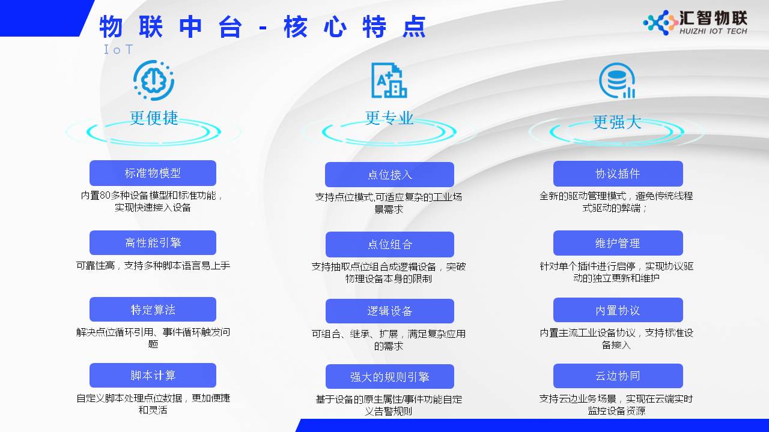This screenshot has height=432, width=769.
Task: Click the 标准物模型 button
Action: click(153, 173)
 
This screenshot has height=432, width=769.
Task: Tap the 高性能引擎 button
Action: click(153, 243)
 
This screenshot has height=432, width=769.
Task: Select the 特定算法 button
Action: click(153, 310)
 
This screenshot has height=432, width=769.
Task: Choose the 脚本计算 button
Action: click(153, 376)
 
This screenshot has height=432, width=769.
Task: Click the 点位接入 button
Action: click(389, 175)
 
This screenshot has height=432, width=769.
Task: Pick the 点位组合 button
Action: click(389, 244)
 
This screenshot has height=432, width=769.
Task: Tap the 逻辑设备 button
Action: click(389, 311)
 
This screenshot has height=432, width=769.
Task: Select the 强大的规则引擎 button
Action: click(389, 377)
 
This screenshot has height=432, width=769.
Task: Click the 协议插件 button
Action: click(618, 173)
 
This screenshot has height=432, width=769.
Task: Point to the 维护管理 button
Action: click(618, 243)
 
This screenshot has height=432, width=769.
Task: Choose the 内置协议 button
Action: click(618, 310)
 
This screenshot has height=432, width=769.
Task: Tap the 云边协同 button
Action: click(618, 376)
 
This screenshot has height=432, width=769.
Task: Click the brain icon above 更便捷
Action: click(154, 80)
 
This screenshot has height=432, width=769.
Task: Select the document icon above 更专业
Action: click(389, 80)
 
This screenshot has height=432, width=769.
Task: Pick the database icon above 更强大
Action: click(617, 81)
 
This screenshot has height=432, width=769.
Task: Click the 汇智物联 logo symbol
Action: click(660, 23)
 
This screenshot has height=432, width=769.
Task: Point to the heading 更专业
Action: click(389, 118)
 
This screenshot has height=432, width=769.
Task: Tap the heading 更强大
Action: click(617, 122)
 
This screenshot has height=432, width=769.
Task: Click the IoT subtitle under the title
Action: click(118, 50)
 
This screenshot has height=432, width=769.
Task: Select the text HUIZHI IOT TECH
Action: click(713, 31)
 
